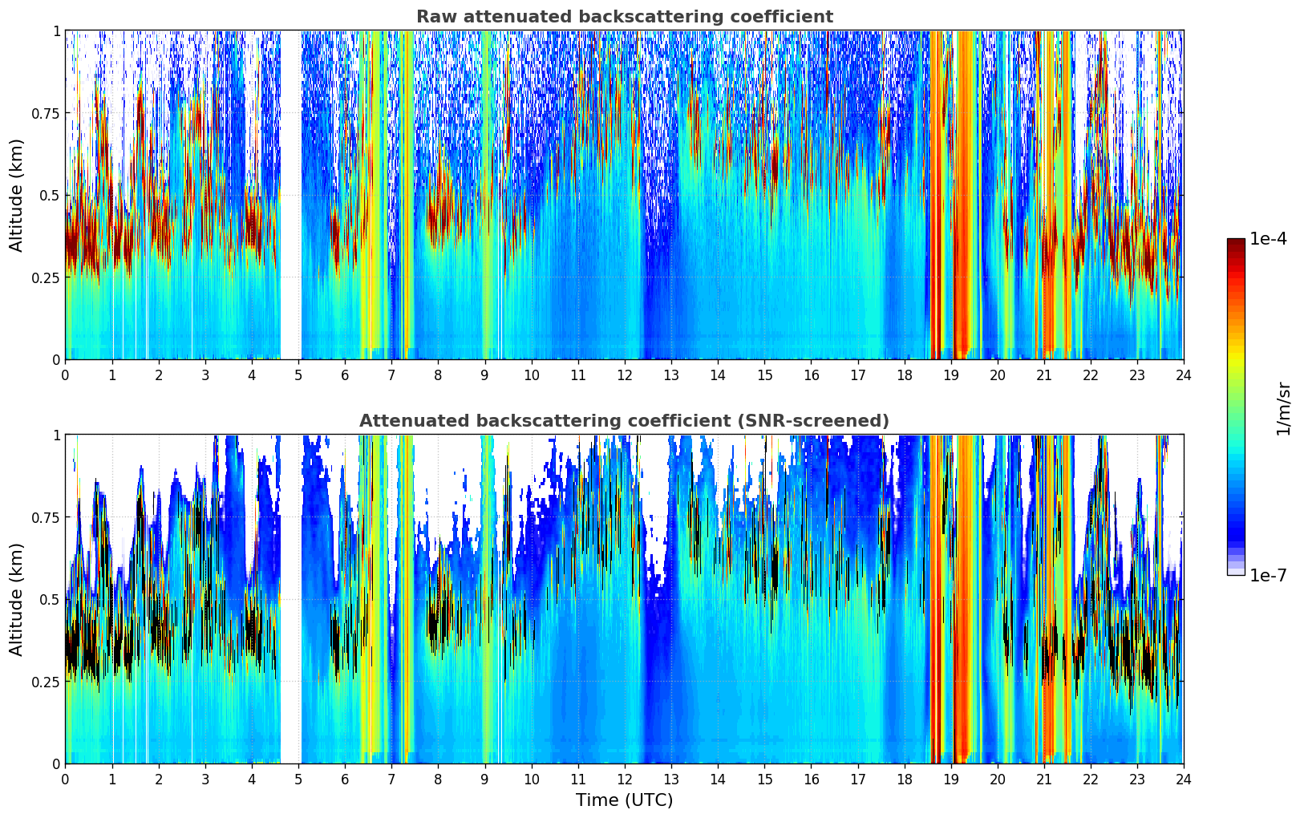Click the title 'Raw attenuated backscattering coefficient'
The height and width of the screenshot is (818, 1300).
tap(624, 17)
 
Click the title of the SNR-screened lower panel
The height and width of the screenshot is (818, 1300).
tap(624, 421)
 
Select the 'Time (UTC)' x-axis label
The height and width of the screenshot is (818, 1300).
tap(624, 800)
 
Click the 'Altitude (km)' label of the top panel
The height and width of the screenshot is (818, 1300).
tap(17, 195)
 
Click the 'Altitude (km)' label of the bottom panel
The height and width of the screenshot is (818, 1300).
tap(17, 599)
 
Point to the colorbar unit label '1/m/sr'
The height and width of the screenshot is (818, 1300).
tap(1283, 407)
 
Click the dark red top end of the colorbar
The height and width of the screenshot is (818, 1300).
tap(1236, 242)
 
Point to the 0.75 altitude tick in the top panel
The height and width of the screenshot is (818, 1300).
tap(47, 113)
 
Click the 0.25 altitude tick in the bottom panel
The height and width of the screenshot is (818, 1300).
tap(47, 682)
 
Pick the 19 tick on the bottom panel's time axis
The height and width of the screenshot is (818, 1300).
tap(951, 779)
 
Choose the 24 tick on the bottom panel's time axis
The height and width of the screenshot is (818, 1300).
tap(1184, 779)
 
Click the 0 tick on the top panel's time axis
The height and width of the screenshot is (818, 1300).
tap(66, 375)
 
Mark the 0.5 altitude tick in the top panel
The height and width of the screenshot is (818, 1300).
tap(51, 195)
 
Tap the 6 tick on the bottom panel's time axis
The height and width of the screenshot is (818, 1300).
tap(345, 779)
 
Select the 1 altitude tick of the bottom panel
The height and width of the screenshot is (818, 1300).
tap(56, 435)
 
